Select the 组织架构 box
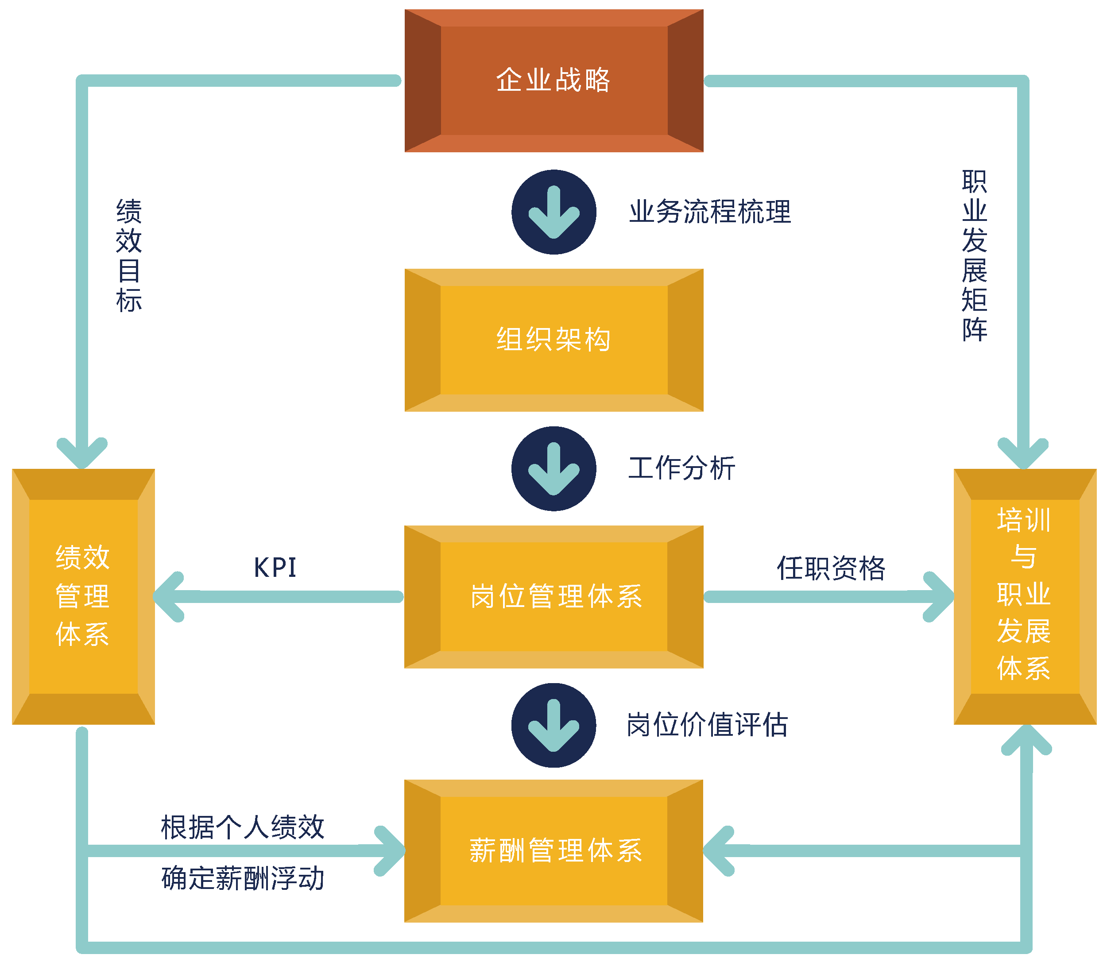(x=554, y=340)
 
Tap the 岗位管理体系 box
(x=554, y=596)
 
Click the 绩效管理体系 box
(x=83, y=596)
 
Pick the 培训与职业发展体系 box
(x=1025, y=596)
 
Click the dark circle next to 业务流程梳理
(x=554, y=212)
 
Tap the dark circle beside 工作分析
(x=554, y=468)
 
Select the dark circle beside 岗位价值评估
(x=554, y=725)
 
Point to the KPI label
(x=275, y=568)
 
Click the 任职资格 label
(x=831, y=568)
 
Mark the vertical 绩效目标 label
(x=129, y=255)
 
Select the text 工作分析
(x=681, y=468)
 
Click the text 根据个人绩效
(x=243, y=827)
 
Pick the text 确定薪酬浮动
(x=243, y=879)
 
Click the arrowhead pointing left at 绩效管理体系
(x=168, y=597)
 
